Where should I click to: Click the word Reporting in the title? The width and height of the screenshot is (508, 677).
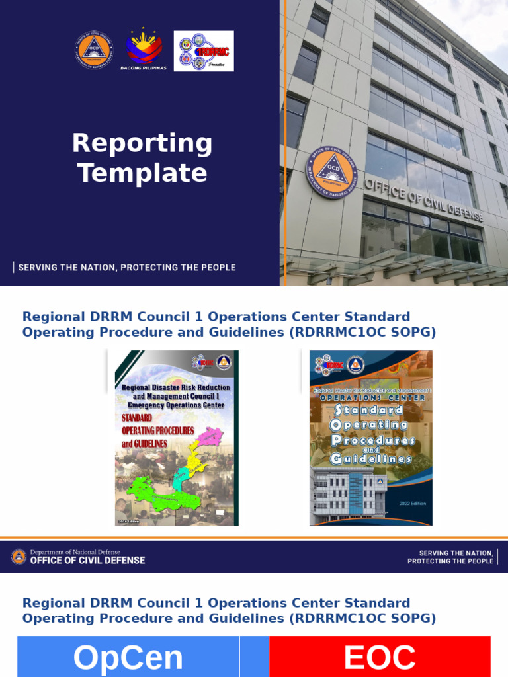[x=142, y=143]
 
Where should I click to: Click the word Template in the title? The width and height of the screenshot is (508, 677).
[x=142, y=173]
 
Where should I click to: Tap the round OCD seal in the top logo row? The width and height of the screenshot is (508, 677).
[x=94, y=50]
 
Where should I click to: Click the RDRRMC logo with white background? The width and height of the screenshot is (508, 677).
[x=204, y=51]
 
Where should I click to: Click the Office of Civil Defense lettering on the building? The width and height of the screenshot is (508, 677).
[x=423, y=200]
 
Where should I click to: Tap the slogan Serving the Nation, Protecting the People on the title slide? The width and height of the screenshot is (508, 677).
[x=126, y=268]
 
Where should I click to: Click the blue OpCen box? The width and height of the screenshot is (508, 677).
[x=128, y=657]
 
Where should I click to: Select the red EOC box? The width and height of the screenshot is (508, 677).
[x=380, y=657]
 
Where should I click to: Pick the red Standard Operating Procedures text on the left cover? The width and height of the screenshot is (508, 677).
[x=157, y=430]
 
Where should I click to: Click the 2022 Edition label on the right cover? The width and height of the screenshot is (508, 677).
[x=413, y=504]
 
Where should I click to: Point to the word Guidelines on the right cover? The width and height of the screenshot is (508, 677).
[x=371, y=458]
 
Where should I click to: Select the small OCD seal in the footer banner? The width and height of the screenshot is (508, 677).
[x=19, y=556]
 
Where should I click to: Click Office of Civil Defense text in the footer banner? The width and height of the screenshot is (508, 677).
[x=87, y=561]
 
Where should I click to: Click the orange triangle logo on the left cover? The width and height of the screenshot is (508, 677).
[x=223, y=362]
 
